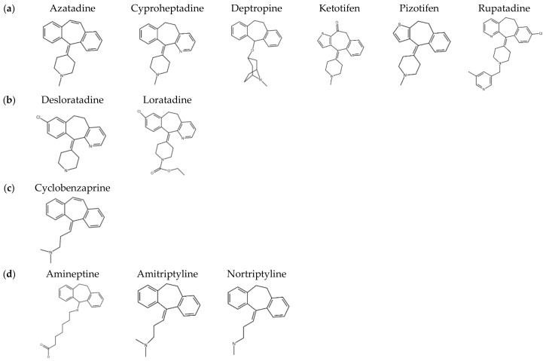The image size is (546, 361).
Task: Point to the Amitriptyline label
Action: (169, 274)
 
